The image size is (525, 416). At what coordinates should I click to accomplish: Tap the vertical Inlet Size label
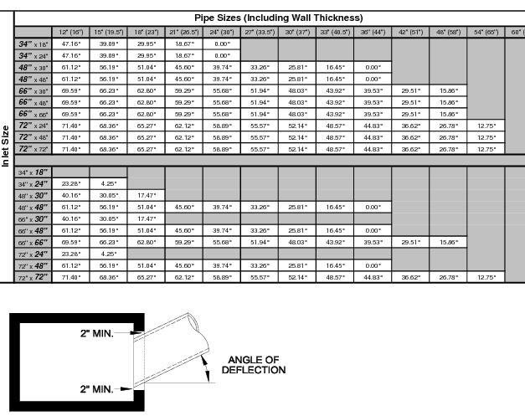pyautogui.click(x=7, y=142)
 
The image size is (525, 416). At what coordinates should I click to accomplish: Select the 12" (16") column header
pyautogui.click(x=69, y=31)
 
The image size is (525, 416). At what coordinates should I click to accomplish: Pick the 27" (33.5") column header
pyautogui.click(x=260, y=31)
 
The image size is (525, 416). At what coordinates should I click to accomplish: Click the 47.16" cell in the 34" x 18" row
pyautogui.click(x=69, y=43)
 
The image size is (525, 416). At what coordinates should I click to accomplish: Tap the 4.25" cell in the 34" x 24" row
pyautogui.click(x=108, y=182)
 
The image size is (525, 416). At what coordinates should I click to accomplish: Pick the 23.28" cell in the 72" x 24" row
pyautogui.click(x=69, y=253)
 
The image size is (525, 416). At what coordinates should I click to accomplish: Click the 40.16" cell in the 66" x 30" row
pyautogui.click(x=69, y=218)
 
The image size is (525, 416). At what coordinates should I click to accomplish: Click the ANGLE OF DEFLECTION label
pyautogui.click(x=254, y=364)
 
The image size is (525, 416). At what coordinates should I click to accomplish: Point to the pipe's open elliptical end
pyautogui.click(x=193, y=322)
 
